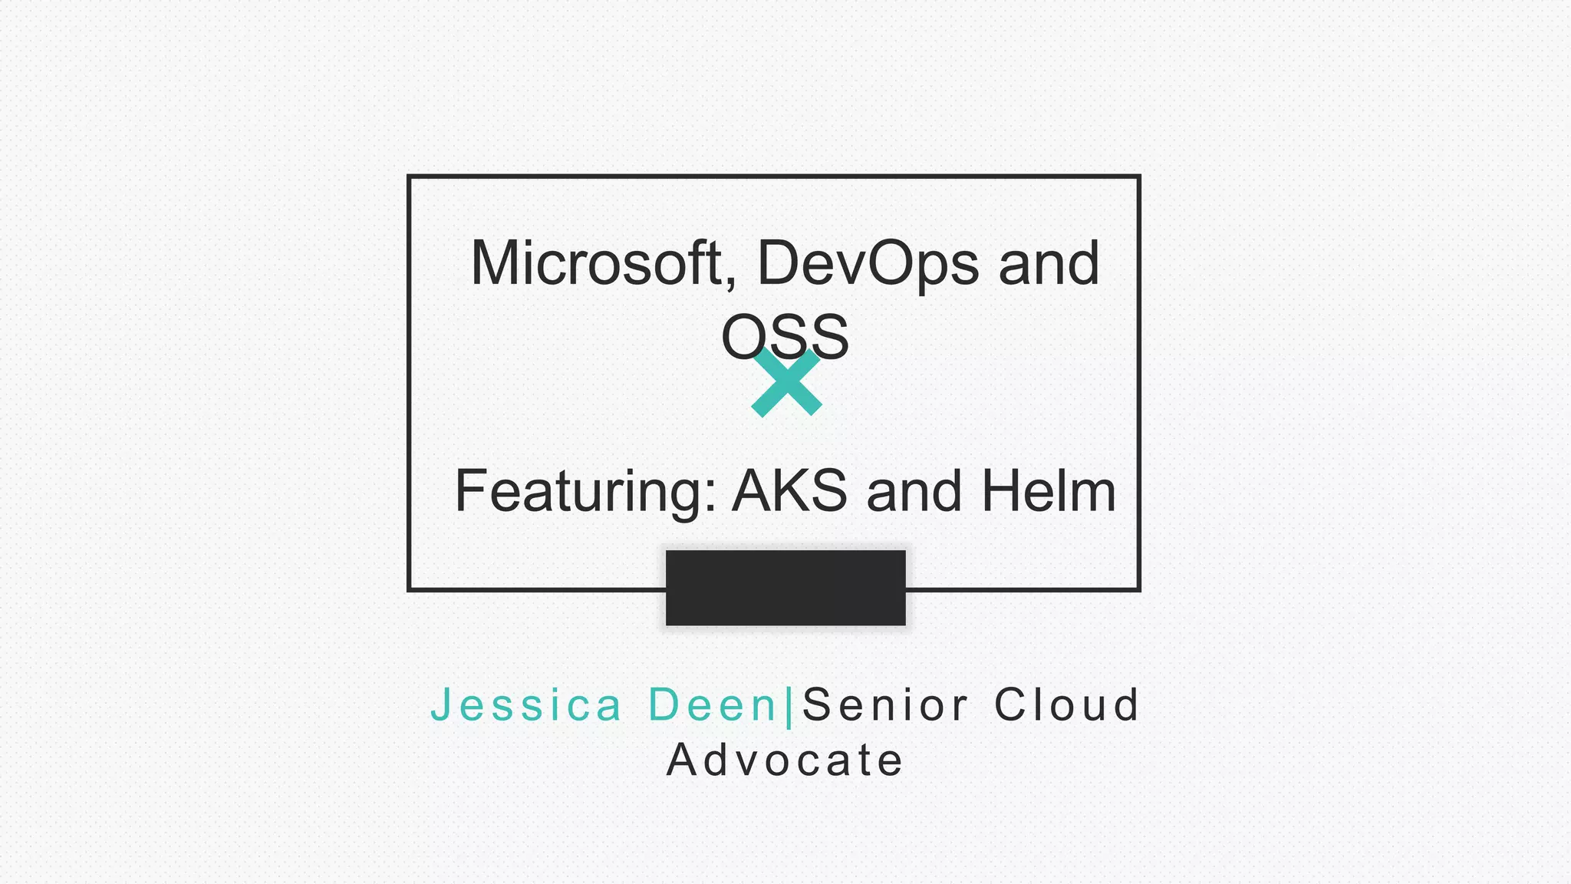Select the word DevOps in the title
tap(868, 265)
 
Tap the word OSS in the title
tap(785, 337)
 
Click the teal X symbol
tap(786, 382)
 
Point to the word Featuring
tap(579, 492)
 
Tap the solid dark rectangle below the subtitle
tap(785, 588)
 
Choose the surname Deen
tap(713, 704)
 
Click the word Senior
tap(885, 704)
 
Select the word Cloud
tap(1066, 704)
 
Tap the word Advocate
tap(785, 760)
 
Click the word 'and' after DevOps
tap(1049, 263)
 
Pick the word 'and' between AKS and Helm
tap(914, 492)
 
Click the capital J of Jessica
tap(440, 704)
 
